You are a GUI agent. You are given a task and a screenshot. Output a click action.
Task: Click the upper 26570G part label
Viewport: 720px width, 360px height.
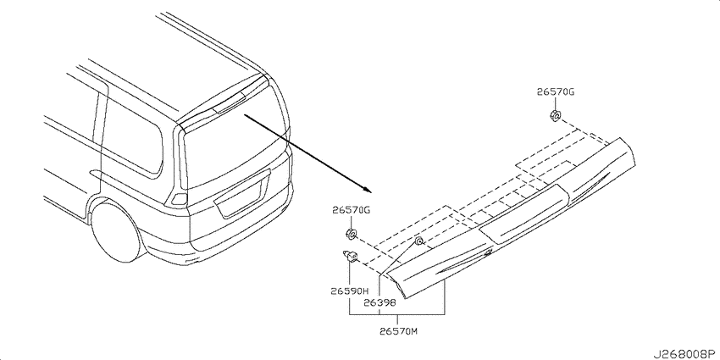pos(555,91)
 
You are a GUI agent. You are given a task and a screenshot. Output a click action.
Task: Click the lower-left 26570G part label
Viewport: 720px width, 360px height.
pos(351,210)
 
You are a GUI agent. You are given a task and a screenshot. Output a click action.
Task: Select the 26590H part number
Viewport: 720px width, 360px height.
pos(350,291)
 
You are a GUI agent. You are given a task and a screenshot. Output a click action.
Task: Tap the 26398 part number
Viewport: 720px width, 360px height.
pos(379,302)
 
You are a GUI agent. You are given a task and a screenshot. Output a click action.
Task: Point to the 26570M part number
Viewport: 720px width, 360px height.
pos(399,330)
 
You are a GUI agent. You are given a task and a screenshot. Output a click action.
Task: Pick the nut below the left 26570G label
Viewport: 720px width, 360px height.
pos(351,234)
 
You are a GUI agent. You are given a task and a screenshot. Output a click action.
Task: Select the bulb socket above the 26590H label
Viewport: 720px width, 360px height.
pos(351,256)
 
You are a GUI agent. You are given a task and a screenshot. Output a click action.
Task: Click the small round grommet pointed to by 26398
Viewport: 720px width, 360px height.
pos(418,241)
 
